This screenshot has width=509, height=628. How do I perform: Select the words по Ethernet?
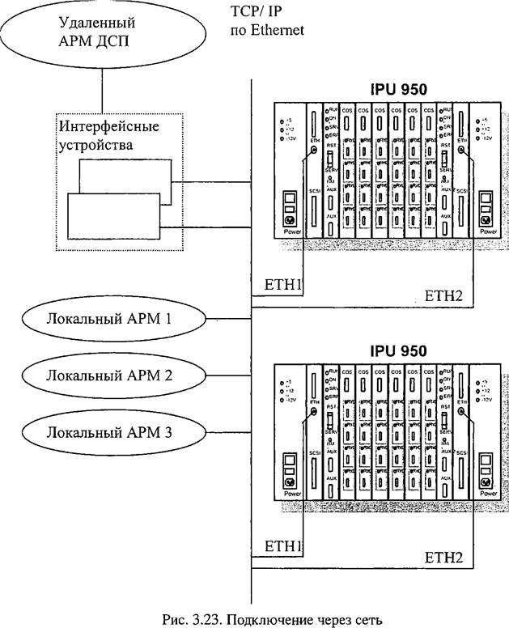267,31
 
